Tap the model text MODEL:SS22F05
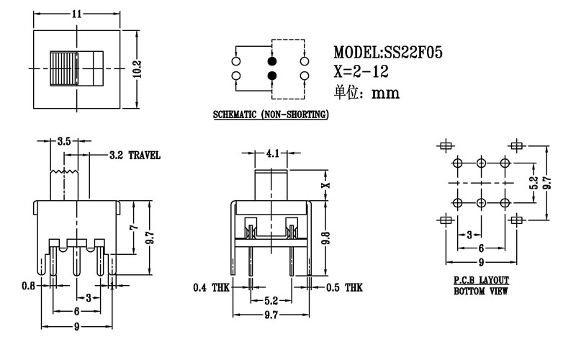click(x=387, y=53)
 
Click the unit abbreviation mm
click(x=384, y=92)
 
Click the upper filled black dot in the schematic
click(x=272, y=61)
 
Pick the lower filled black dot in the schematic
click(x=272, y=76)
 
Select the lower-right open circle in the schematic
click(x=305, y=76)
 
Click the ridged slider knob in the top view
click(x=63, y=68)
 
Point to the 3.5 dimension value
click(x=63, y=142)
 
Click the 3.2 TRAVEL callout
click(x=134, y=155)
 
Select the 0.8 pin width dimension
click(x=28, y=287)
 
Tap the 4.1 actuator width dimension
click(x=272, y=153)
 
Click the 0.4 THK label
click(x=210, y=288)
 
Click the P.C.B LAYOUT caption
click(x=481, y=279)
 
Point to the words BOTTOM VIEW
click(x=481, y=292)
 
